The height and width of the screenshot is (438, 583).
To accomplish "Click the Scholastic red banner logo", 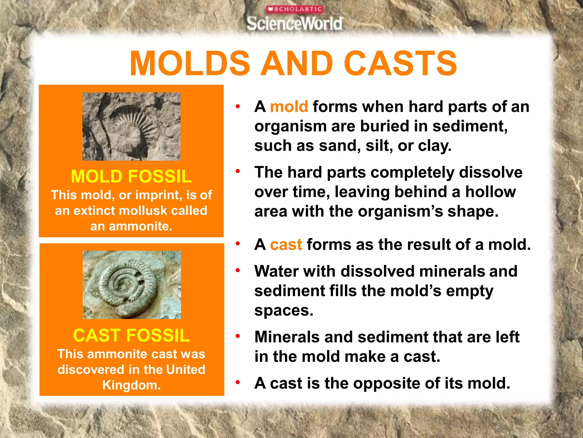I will point(295,9).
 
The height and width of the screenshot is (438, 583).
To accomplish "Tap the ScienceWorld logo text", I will point(295,23).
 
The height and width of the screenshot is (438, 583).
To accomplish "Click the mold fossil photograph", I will point(131,126).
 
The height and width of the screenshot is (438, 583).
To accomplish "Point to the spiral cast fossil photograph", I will point(132,285).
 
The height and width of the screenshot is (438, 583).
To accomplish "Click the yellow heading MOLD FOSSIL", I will point(131,176).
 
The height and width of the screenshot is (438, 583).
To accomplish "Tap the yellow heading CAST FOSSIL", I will point(131,335).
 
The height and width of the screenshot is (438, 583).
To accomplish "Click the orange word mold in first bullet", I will point(289,107).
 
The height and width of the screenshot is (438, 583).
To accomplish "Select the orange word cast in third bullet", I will point(286,245).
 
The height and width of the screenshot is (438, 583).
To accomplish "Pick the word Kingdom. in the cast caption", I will point(132,385).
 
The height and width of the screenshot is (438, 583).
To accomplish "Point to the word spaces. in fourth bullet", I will point(284,311).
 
